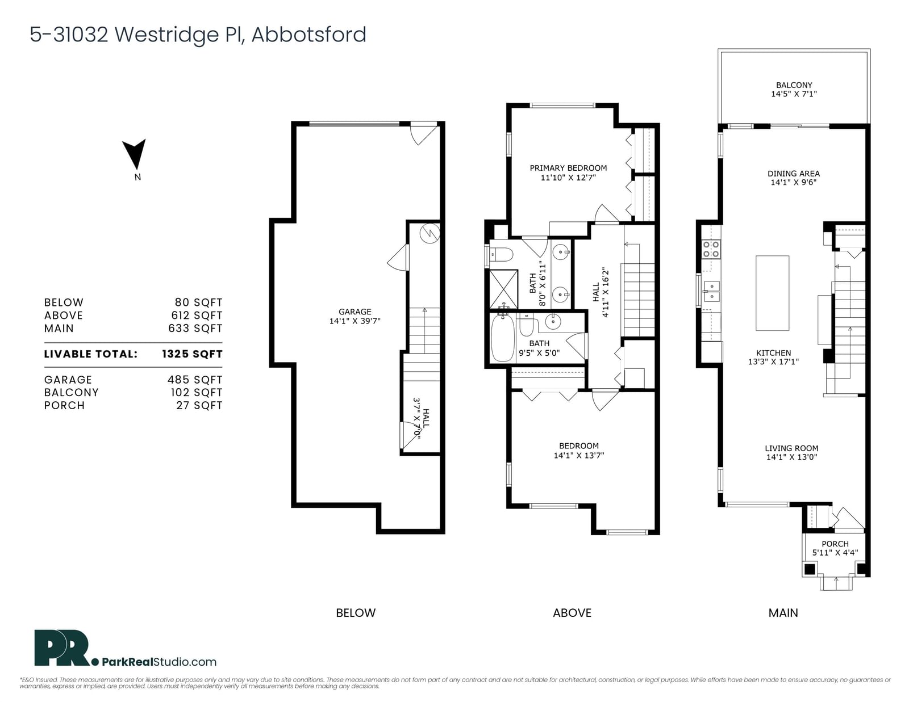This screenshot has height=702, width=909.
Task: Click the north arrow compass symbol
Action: pyautogui.click(x=135, y=154)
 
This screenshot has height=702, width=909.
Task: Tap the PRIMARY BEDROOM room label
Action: pyautogui.click(x=568, y=168)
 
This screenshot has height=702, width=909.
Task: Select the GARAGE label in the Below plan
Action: pyautogui.click(x=355, y=312)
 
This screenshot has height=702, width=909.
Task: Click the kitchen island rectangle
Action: pyautogui.click(x=772, y=293)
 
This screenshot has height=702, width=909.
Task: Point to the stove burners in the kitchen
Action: pyautogui.click(x=711, y=249)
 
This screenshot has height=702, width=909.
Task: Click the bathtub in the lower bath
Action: pyautogui.click(x=502, y=338)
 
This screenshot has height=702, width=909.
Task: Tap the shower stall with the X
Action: pyautogui.click(x=503, y=289)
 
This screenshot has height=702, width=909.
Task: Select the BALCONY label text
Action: pyautogui.click(x=794, y=85)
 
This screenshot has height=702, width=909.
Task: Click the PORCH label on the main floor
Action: pyautogui.click(x=835, y=544)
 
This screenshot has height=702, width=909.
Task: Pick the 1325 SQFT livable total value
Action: pyautogui.click(x=192, y=354)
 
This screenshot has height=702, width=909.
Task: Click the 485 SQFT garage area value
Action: pyautogui.click(x=195, y=380)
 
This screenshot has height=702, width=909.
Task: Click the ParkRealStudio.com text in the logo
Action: pyautogui.click(x=160, y=662)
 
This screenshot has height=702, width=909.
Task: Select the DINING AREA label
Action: pyautogui.click(x=794, y=174)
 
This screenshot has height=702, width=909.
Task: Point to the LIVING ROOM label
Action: pyautogui.click(x=791, y=448)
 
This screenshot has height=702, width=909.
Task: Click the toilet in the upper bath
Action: pyautogui.click(x=501, y=254)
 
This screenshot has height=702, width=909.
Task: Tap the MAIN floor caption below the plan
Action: pyautogui.click(x=783, y=613)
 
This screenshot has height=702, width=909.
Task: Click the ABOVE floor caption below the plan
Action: pyautogui.click(x=572, y=613)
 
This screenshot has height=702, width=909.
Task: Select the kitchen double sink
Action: pyautogui.click(x=711, y=291)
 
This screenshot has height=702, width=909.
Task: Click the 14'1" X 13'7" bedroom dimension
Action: pyautogui.click(x=579, y=456)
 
